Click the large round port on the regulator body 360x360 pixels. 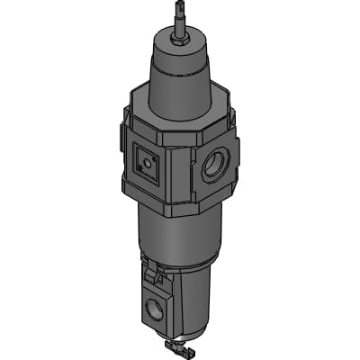pyautogui.click(x=217, y=166)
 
